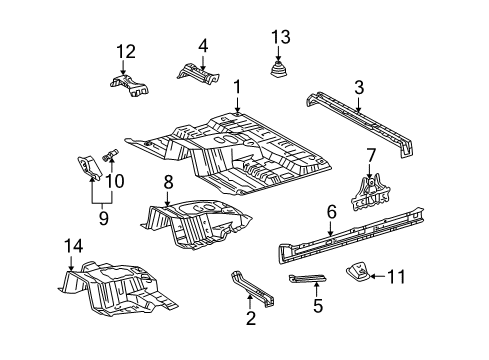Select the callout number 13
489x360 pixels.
[280, 38]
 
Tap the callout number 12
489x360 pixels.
[125, 52]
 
